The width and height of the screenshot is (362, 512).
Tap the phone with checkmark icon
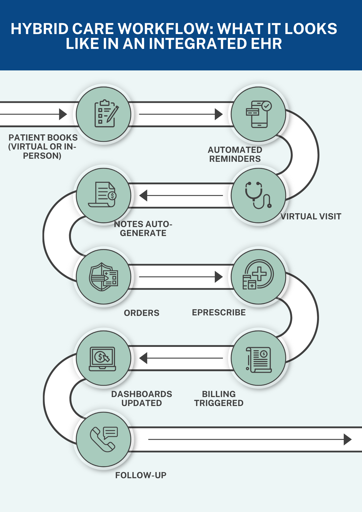259,114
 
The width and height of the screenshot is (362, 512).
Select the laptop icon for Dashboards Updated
102,358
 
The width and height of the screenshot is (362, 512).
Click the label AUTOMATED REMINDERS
235,154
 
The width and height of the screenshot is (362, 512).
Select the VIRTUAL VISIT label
311,217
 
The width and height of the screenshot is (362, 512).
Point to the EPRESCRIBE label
219,313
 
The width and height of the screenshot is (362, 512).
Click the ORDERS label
142,313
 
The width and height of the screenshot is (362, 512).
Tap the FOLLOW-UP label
141,475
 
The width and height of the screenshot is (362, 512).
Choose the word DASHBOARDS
142,394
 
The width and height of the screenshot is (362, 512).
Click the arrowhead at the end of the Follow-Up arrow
347,440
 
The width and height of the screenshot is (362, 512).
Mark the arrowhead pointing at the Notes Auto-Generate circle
144,196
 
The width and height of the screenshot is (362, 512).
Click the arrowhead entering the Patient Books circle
63,114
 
